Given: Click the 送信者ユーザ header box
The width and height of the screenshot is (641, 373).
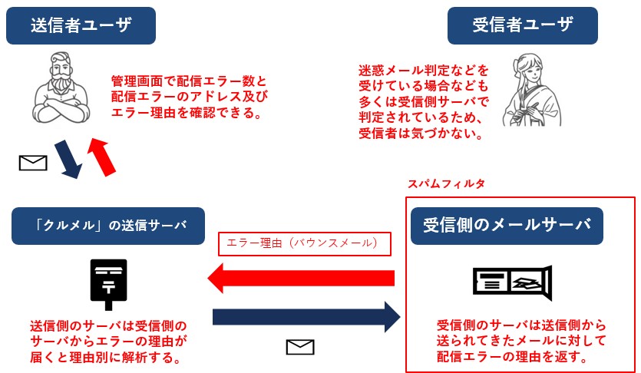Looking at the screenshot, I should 81,25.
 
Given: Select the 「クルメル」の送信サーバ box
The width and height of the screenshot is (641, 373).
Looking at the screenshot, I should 108,226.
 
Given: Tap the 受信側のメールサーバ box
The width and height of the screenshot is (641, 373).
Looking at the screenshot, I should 507,226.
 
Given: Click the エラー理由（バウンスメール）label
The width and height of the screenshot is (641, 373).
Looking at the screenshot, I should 305,244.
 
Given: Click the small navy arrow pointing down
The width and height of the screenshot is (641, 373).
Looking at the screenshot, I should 69,159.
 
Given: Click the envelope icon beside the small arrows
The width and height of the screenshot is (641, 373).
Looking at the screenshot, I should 33,163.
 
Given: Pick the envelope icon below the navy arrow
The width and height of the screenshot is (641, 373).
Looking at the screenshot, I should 300,348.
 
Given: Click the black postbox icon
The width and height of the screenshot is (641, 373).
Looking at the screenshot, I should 108,282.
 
